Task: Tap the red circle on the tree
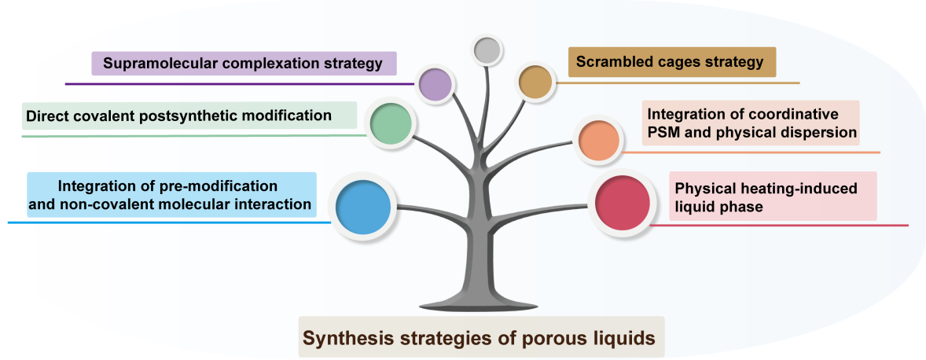[x=621, y=204]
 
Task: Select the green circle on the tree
[x=391, y=124]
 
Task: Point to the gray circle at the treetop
[x=487, y=50]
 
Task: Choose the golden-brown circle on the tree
[x=535, y=82]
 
